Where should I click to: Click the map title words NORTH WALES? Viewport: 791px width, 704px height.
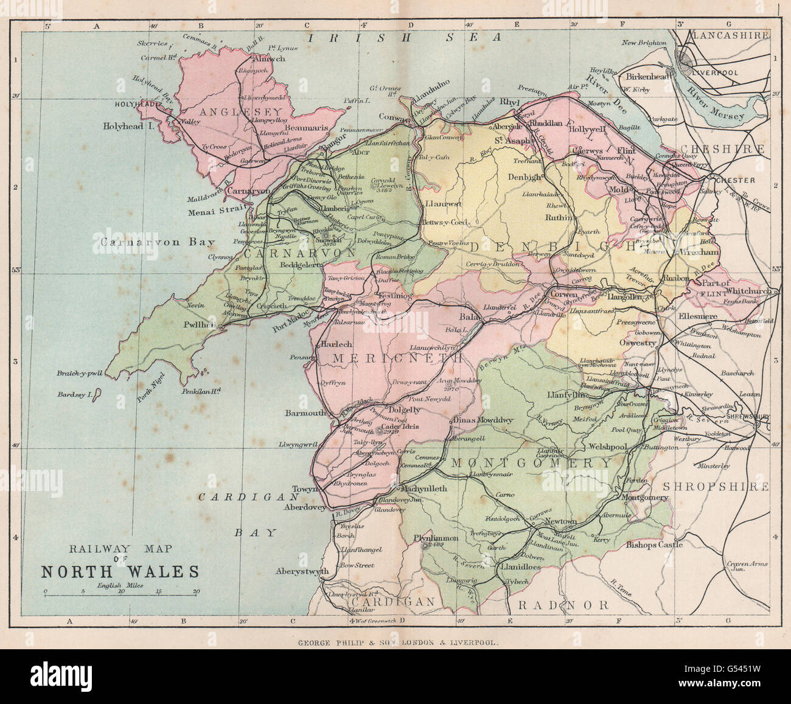[120, 572]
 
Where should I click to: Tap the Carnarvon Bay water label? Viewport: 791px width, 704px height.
[155, 242]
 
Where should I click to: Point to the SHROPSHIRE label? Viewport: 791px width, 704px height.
[715, 487]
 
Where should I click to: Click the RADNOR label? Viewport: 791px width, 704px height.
[563, 605]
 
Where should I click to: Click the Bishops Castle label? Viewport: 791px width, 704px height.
[654, 545]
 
